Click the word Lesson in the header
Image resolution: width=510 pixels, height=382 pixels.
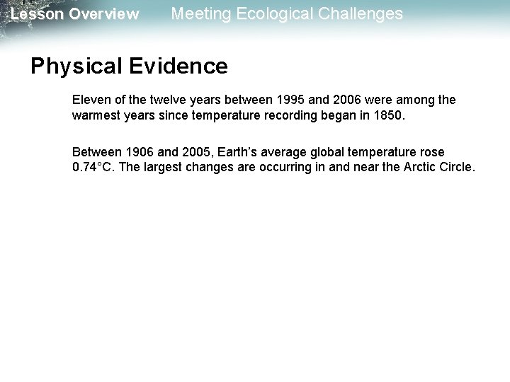pyautogui.click(x=35, y=14)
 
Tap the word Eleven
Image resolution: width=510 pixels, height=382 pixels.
pyautogui.click(x=90, y=100)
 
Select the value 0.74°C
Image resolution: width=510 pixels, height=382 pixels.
pyautogui.click(x=92, y=168)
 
